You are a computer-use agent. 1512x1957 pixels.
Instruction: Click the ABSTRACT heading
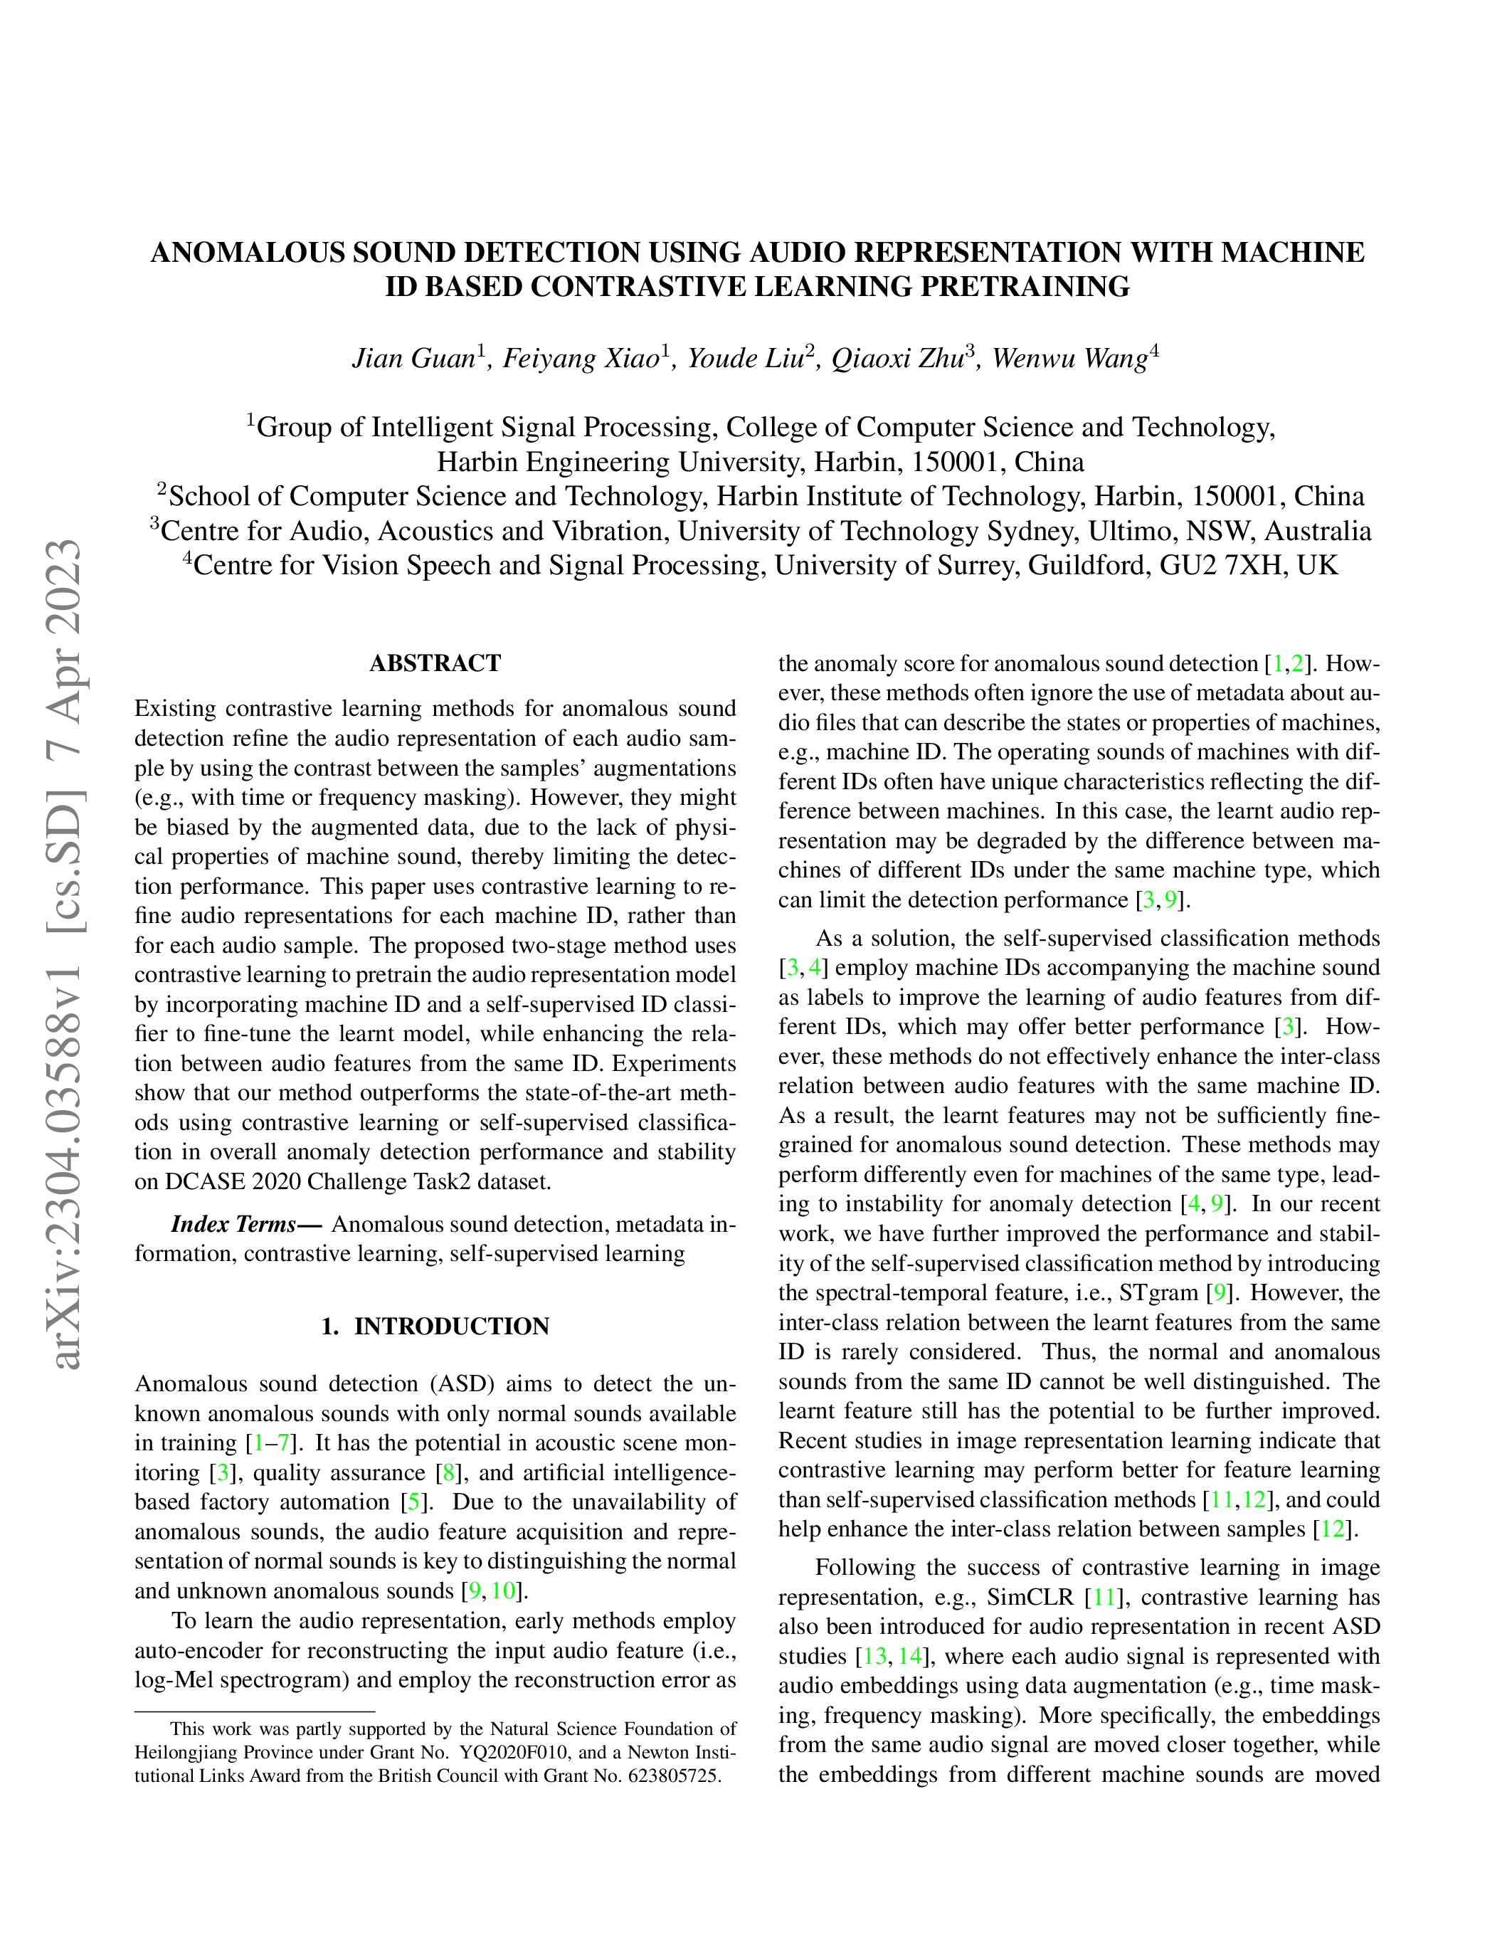435,664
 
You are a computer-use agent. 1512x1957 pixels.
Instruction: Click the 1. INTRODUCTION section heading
435,1326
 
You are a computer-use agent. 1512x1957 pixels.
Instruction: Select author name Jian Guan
412,359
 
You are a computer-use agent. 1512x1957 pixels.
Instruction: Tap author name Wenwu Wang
1069,359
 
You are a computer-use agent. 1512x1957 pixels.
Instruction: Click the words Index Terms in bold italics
235,1225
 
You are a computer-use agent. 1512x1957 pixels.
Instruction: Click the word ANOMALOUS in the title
247,253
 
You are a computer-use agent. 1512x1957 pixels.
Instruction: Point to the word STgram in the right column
1158,1293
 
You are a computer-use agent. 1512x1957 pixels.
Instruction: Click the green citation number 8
449,1473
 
